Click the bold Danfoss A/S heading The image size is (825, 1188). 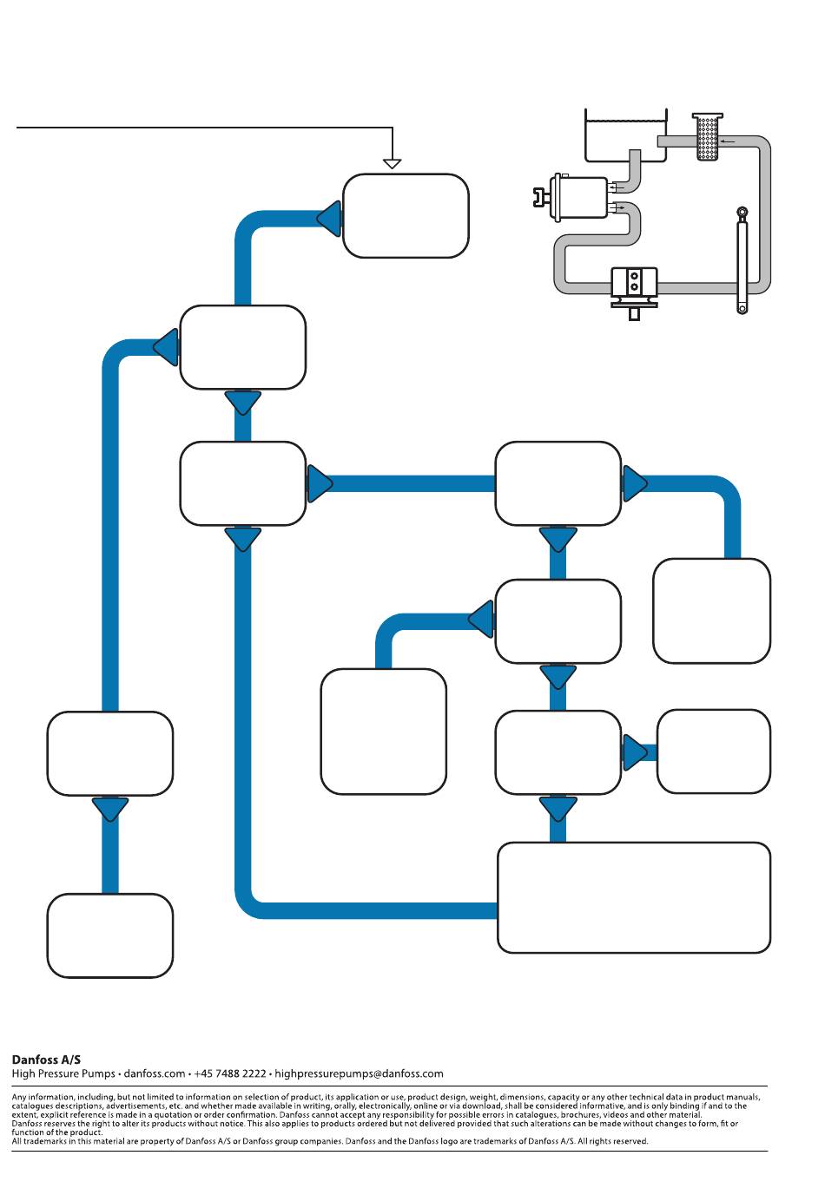[46, 1060]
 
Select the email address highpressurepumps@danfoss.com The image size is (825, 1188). [359, 1073]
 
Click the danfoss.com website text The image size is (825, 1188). [155, 1073]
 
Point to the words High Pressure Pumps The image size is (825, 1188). [63, 1073]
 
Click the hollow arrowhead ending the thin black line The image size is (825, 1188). [393, 163]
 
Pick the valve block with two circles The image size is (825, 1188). [634, 282]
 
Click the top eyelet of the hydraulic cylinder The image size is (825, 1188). [742, 212]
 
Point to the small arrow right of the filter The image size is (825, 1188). [728, 141]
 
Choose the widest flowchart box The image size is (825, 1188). [634, 897]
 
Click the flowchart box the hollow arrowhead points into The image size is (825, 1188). [406, 216]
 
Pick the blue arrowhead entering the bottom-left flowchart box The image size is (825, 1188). [110, 810]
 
